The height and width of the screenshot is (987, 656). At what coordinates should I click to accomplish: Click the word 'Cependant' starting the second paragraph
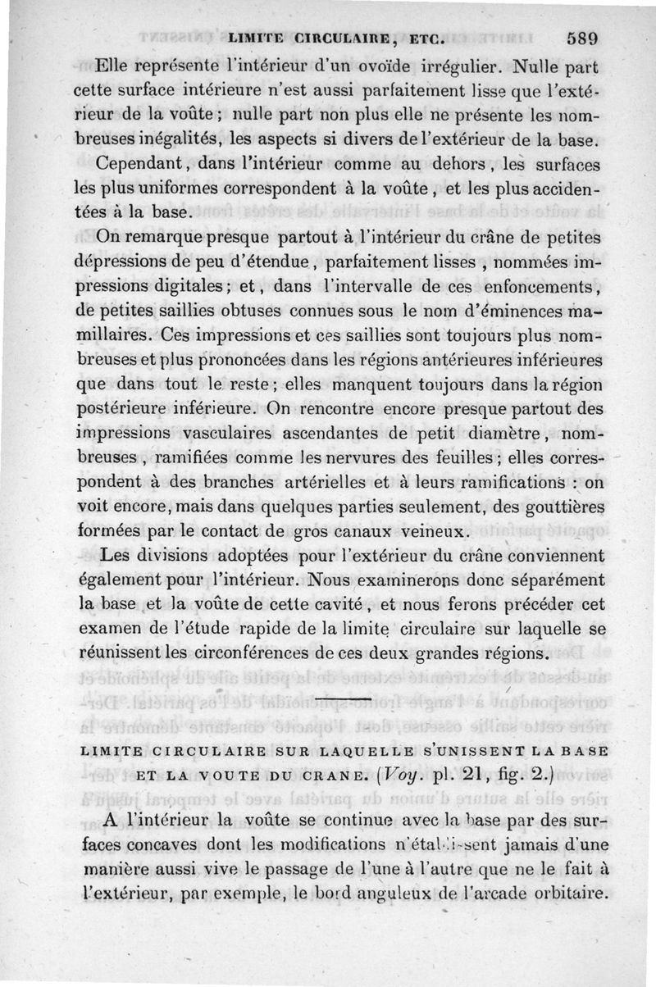point(139,164)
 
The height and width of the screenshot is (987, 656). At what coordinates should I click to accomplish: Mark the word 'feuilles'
point(467,457)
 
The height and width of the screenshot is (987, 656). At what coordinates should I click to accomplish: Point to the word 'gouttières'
point(561,506)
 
